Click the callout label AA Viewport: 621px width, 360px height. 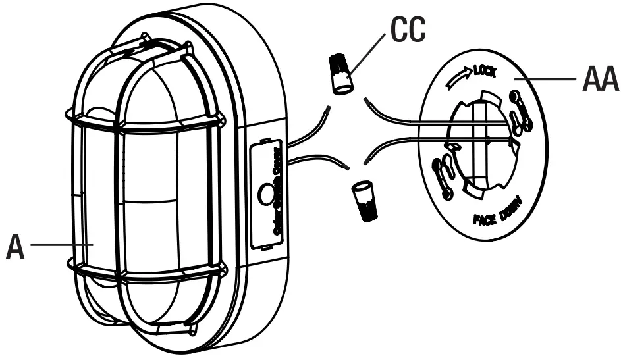[x=600, y=81]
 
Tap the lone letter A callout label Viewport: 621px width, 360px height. [x=15, y=245]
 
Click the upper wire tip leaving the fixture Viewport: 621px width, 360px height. [x=327, y=109]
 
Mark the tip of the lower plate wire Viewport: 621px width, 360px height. [x=366, y=161]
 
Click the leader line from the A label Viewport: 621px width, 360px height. [x=59, y=244]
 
